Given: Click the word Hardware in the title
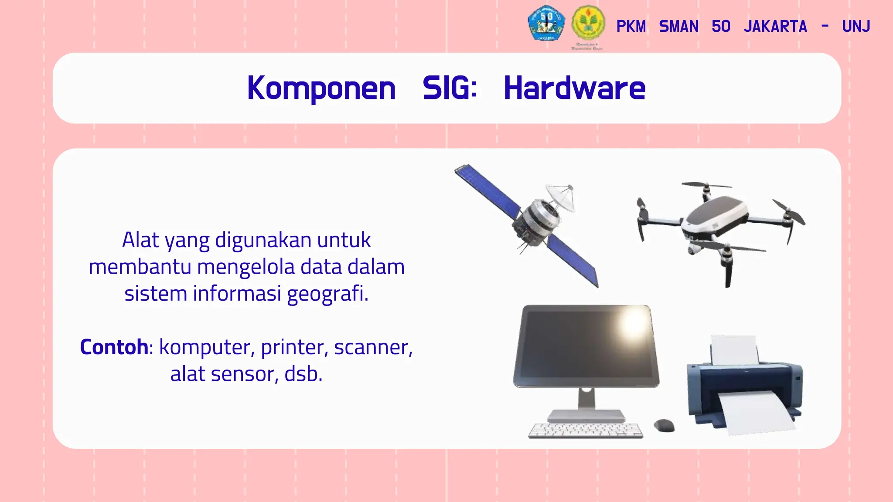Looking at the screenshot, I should click(x=574, y=88).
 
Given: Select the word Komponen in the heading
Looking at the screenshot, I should click(x=321, y=88).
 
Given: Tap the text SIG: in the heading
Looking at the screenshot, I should click(x=450, y=88).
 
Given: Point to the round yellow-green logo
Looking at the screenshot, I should click(x=588, y=23).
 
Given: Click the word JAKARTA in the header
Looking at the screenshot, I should click(x=775, y=27).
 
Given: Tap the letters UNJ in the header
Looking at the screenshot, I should click(x=856, y=27).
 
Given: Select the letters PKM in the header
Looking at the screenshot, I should click(x=631, y=27).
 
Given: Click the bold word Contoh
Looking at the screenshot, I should click(x=114, y=347).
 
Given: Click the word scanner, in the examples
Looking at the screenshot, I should click(x=373, y=347).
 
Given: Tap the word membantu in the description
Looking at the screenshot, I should click(x=140, y=267).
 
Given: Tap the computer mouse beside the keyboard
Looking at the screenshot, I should click(x=664, y=425).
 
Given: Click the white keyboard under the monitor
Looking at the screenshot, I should click(x=585, y=430).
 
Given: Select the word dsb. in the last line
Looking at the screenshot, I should click(x=303, y=374).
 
